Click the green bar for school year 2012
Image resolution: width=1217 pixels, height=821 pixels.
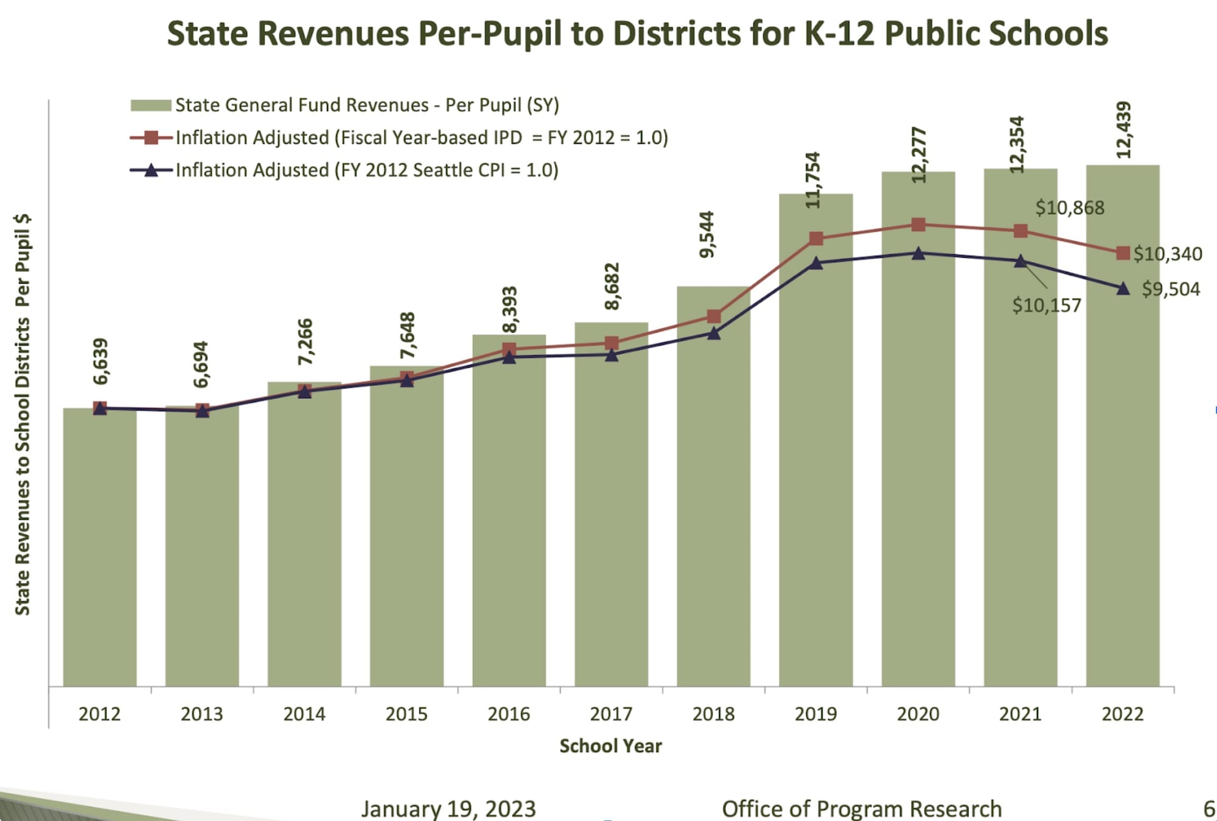pos(100,548)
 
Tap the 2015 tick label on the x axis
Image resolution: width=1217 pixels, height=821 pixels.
pos(406,713)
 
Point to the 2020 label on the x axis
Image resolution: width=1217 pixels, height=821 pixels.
pos(918,713)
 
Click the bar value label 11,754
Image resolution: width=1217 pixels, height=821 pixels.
pos(813,180)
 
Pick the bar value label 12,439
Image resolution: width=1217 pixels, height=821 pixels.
pos(1123,130)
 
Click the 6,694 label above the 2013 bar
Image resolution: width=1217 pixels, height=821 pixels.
pos(201,365)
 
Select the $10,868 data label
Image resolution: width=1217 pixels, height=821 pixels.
pos(1069,208)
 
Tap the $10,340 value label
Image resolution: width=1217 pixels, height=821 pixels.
pos(1167,254)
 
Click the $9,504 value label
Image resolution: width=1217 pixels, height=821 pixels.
pos(1170,289)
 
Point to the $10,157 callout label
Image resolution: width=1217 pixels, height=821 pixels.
pos(1047,306)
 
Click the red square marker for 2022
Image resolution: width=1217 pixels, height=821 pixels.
pos(1123,253)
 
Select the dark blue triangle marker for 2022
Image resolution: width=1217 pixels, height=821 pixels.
pos(1123,288)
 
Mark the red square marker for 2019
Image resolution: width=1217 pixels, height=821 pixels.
pos(816,239)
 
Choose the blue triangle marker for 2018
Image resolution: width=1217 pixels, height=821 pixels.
pos(714,334)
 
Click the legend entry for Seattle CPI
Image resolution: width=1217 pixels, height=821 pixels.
pos(366,170)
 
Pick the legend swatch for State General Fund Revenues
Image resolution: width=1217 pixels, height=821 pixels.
pos(150,106)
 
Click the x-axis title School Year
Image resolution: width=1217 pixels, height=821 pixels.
pos(610,746)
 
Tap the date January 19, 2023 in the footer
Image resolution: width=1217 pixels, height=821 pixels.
pos(448,809)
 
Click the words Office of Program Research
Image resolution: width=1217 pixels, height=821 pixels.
pos(862,809)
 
